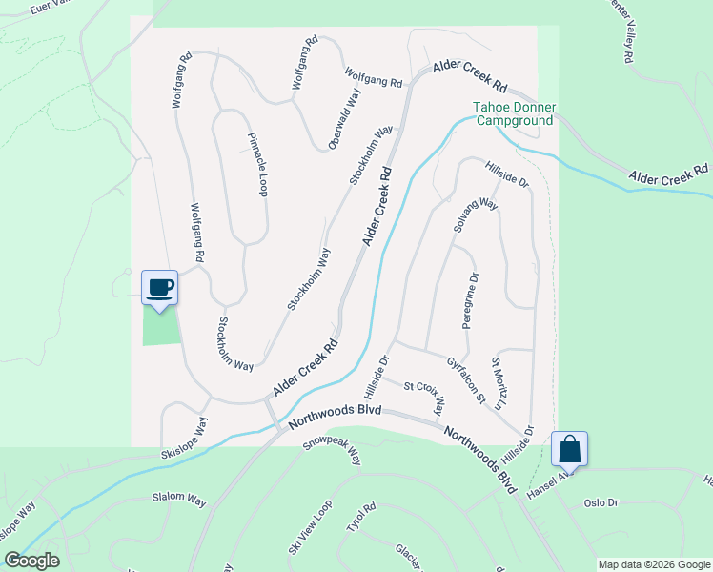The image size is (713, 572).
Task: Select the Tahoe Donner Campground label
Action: (515, 114)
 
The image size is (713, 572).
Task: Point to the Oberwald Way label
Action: (344, 118)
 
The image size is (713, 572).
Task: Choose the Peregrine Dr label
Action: (470, 300)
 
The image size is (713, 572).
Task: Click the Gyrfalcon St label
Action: (466, 378)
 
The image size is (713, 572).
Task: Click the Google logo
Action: (31, 561)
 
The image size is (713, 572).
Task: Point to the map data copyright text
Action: (653, 564)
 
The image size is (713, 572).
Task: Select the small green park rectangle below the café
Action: (161, 327)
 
